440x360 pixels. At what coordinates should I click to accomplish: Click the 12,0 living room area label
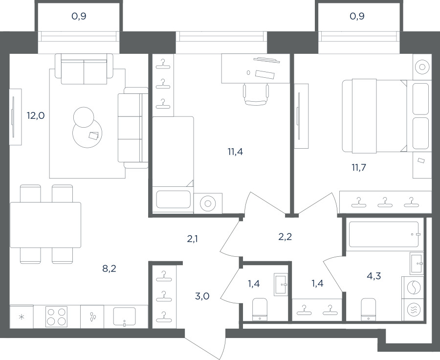click(x=36, y=115)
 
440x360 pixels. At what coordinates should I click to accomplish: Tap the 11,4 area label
click(x=235, y=152)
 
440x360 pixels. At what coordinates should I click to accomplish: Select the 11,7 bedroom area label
click(x=359, y=168)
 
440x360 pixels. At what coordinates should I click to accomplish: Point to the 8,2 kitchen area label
click(x=109, y=269)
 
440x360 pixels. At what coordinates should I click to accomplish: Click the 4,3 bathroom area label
click(x=374, y=276)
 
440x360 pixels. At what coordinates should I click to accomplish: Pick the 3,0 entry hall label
click(x=202, y=296)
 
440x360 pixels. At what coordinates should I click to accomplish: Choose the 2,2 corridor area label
click(x=285, y=237)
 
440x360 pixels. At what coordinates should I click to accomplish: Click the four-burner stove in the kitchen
click(x=57, y=316)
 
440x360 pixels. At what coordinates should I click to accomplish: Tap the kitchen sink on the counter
click(x=124, y=317)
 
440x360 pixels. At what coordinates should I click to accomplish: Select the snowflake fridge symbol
click(x=22, y=317)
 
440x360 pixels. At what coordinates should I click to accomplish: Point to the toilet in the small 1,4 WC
click(x=260, y=309)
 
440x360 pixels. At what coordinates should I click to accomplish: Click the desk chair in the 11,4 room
click(x=256, y=94)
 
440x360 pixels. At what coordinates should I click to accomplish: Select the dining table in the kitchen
click(x=45, y=225)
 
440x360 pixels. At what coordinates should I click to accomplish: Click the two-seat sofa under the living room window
click(x=84, y=69)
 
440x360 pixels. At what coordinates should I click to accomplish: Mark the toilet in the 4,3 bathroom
click(x=368, y=309)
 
